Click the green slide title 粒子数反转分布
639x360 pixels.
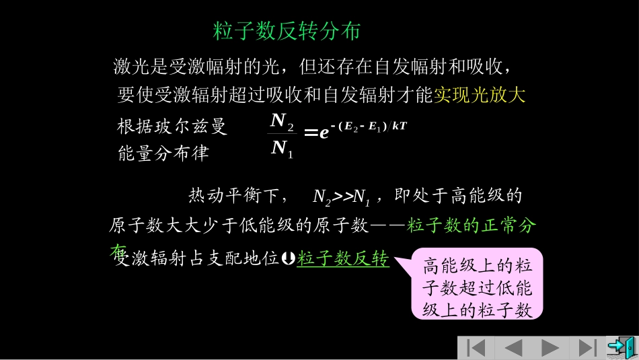287,32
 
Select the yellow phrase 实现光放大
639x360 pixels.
479,96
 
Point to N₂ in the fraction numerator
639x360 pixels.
282,122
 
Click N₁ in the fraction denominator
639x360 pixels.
282,149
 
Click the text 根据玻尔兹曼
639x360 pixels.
172,127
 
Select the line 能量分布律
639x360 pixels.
163,153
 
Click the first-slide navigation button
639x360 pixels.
476,347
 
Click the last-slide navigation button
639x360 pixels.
587,347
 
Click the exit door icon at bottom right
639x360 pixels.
620,347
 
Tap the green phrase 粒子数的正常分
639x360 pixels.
471,226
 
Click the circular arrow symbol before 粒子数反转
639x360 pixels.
289,258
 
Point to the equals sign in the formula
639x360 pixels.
311,133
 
